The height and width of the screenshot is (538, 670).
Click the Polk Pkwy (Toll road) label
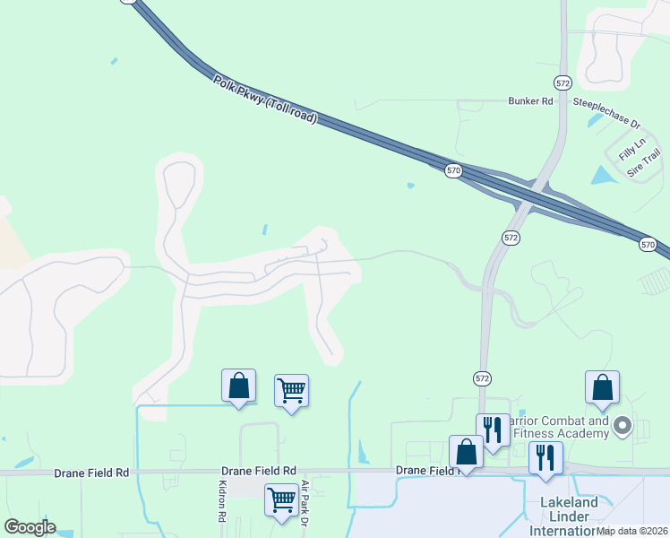coord(265,100)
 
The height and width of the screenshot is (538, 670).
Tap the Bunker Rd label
coord(530,101)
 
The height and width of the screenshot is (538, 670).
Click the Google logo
coord(30,527)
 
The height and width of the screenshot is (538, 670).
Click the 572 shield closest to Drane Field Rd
coord(483,379)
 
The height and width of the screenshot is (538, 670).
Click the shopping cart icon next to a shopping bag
coord(291,390)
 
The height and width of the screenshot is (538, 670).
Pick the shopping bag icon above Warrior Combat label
coord(603,387)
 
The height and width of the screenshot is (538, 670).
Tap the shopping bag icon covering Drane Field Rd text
coord(466,451)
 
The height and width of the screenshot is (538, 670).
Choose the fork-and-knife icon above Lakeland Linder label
coord(545,457)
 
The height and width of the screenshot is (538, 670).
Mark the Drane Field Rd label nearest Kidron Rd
coord(263,471)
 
